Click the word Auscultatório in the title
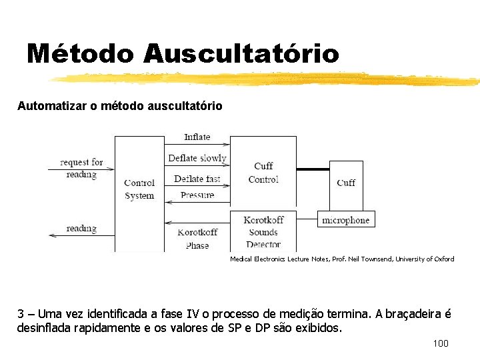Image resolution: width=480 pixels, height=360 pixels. pos(241,53)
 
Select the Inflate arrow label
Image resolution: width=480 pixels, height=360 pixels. pos(197,137)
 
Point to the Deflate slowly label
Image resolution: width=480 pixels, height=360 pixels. pos(197,158)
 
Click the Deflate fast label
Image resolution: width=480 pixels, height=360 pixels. pos(197,179)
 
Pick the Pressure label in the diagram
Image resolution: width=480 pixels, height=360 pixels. pos(197,195)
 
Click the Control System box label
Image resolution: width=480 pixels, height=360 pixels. pos(139,189)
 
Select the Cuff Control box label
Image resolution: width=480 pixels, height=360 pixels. pos(263,173)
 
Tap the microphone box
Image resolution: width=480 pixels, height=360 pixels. pos(345,220)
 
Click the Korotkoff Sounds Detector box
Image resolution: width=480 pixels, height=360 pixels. pos(263,232)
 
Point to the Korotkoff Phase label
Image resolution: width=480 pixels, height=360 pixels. pos(197,239)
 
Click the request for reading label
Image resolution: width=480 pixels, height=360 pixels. pos(81,168)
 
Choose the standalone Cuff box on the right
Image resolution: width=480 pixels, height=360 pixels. pos(346,182)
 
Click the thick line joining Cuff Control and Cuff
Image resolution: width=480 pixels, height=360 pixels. pos(313,169)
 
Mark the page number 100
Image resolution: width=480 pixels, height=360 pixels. pos(441,343)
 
